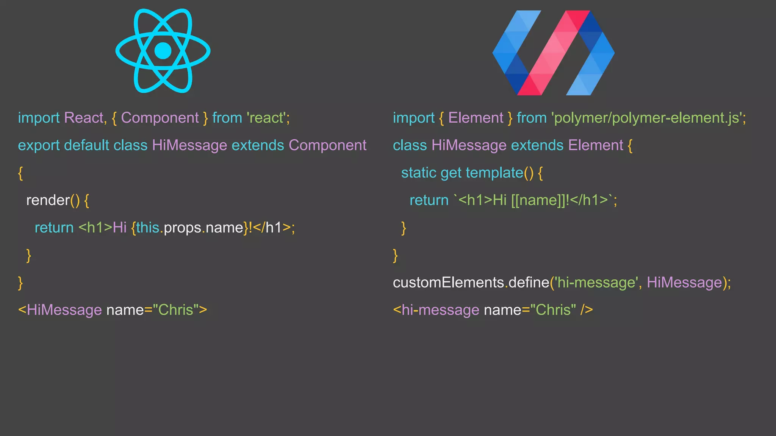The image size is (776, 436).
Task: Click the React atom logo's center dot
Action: pyautogui.click(x=163, y=51)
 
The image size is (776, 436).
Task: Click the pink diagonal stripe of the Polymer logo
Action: pyautogui.click(x=553, y=53)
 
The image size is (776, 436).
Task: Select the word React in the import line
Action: pyautogui.click(x=84, y=118)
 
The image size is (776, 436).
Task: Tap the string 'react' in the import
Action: pyautogui.click(x=266, y=118)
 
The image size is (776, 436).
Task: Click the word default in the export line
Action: pyautogui.click(x=86, y=145)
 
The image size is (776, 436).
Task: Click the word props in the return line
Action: pyautogui.click(x=182, y=228)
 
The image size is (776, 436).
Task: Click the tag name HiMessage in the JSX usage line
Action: pyautogui.click(x=64, y=310)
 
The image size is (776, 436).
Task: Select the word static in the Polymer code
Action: pyautogui.click(x=419, y=173)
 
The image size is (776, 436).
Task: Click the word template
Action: pyautogui.click(x=494, y=173)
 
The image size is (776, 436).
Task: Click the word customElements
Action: pyautogui.click(x=448, y=283)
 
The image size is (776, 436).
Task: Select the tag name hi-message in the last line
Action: pyautogui.click(x=441, y=310)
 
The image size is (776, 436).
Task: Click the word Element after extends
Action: pyautogui.click(x=595, y=145)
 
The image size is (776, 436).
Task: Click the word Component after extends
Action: pyautogui.click(x=327, y=145)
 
